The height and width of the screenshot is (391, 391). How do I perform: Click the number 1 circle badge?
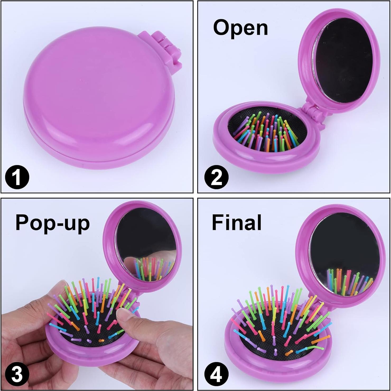click(x=17, y=177)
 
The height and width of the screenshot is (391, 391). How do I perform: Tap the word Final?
click(x=236, y=223)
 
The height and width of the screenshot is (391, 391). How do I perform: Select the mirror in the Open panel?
click(x=343, y=61)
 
